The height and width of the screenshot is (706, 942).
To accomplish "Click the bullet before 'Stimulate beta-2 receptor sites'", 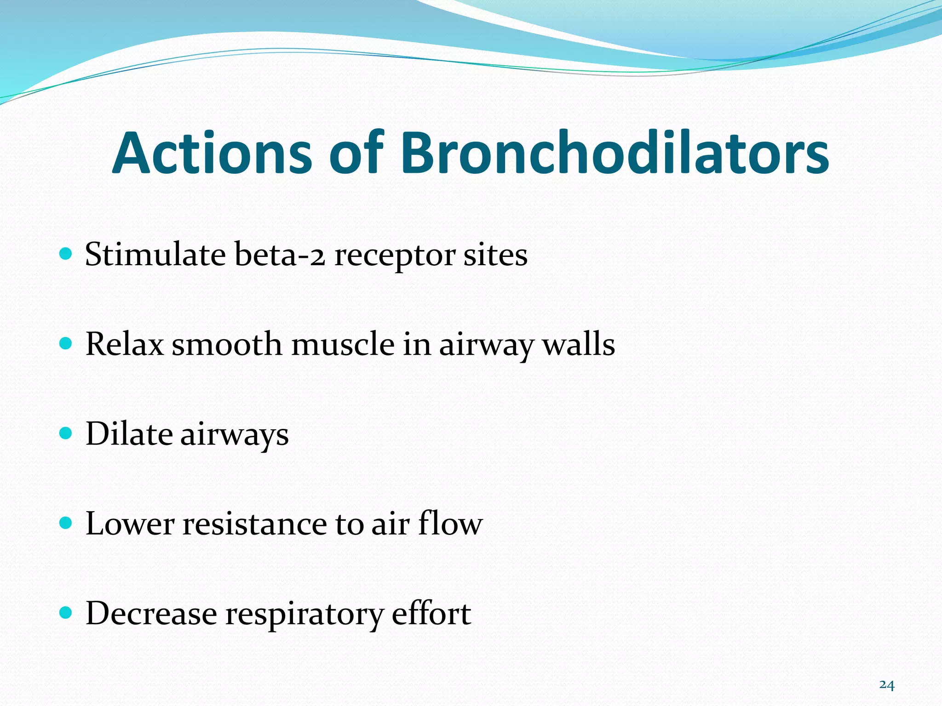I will tap(66, 254).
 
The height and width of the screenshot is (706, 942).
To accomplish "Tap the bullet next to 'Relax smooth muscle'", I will tap(66, 343).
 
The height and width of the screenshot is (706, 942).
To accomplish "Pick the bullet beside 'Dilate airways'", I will tap(66, 433).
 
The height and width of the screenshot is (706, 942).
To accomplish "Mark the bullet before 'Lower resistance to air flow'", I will tap(66, 523).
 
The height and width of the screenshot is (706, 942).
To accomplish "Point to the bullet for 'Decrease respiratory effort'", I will tap(66, 612).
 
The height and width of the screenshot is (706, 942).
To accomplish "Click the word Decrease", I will tap(151, 614).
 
